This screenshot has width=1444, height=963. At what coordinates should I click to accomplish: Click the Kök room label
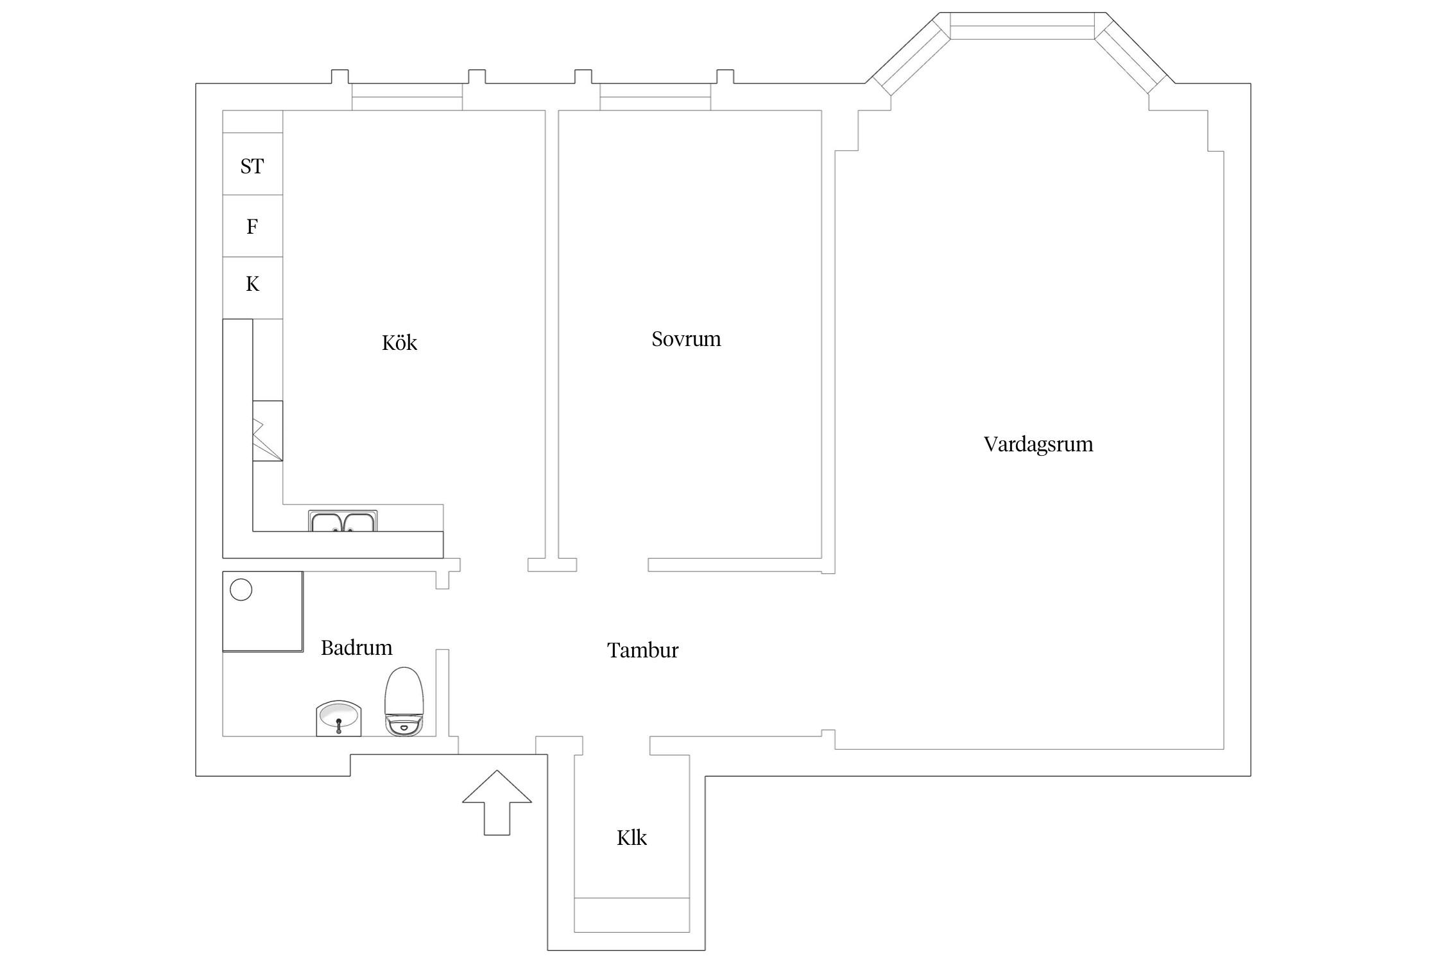point(399,343)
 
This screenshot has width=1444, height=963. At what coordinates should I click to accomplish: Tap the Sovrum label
point(686,339)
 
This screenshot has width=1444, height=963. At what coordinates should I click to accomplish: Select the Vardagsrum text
point(1038,444)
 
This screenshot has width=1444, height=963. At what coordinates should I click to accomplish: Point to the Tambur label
point(642,650)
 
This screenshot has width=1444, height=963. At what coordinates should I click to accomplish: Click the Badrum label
point(356,648)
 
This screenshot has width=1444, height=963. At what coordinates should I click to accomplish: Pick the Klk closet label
point(632,838)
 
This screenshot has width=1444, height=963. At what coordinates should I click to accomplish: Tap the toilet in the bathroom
point(404,702)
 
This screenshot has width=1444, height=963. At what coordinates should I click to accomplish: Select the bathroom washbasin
point(339,718)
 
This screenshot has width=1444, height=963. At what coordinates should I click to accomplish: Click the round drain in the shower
point(241,589)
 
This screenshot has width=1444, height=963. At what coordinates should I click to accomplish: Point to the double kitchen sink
point(343,521)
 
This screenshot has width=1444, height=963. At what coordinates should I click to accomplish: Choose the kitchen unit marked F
point(252,226)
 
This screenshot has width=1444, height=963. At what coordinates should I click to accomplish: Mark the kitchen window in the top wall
point(407,97)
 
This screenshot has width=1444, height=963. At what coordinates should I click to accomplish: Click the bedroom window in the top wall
point(655,97)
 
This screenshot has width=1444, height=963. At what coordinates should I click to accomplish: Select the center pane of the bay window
point(1022,26)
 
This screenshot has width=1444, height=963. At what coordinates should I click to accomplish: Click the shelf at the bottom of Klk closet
point(632,914)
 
